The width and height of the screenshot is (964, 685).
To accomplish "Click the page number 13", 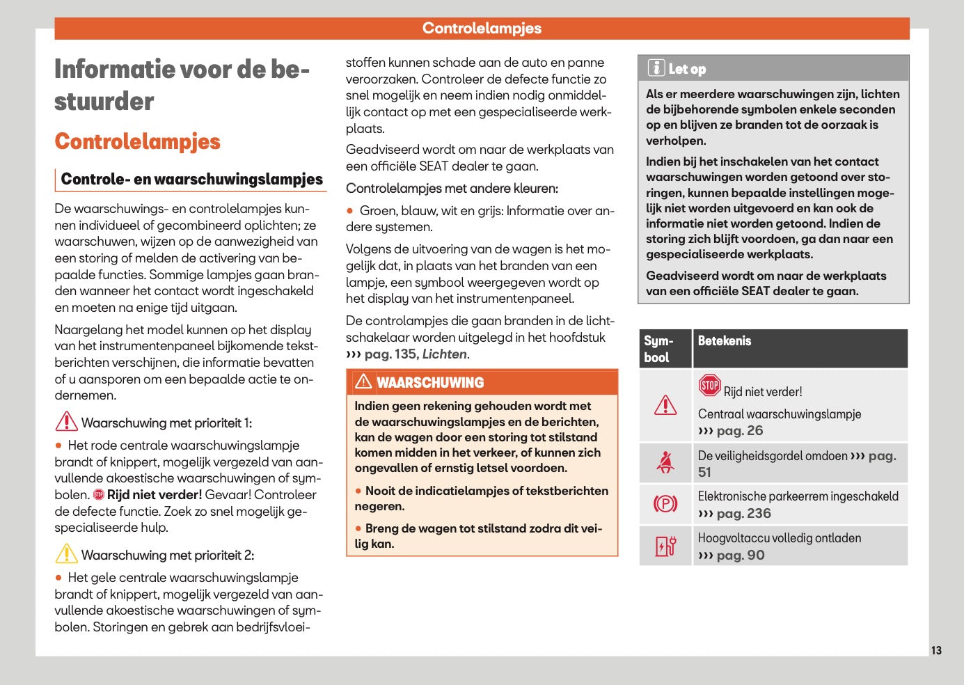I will click(x=936, y=650).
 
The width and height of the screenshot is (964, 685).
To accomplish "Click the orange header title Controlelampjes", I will click(x=482, y=29).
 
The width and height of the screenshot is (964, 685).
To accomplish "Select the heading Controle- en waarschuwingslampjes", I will click(x=192, y=179).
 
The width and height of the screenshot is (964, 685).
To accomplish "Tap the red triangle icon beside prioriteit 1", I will click(x=66, y=422).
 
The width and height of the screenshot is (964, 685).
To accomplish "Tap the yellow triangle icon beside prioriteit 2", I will click(x=66, y=554).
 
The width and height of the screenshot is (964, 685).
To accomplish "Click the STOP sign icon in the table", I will click(x=709, y=385).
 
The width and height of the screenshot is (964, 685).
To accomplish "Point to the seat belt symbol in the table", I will click(x=665, y=462).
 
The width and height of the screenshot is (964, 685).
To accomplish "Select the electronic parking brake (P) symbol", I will click(x=665, y=503).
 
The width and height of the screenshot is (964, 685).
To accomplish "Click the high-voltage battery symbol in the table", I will click(x=665, y=546).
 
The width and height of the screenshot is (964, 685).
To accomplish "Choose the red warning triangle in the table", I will click(x=665, y=405).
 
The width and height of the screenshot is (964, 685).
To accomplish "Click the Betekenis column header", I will click(x=725, y=341).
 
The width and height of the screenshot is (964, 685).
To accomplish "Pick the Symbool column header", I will click(x=658, y=349).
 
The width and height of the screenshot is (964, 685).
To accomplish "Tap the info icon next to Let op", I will click(x=656, y=68).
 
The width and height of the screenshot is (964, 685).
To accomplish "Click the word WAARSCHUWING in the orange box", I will click(x=430, y=383).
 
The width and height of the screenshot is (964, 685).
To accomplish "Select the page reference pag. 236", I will click(x=743, y=514).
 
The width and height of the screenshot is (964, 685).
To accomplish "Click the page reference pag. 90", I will click(x=740, y=556).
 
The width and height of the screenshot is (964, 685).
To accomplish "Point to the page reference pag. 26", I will click(x=739, y=431).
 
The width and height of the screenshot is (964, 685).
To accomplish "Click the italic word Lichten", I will click(x=444, y=354).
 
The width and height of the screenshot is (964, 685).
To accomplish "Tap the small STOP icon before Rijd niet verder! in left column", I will click(x=99, y=495).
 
